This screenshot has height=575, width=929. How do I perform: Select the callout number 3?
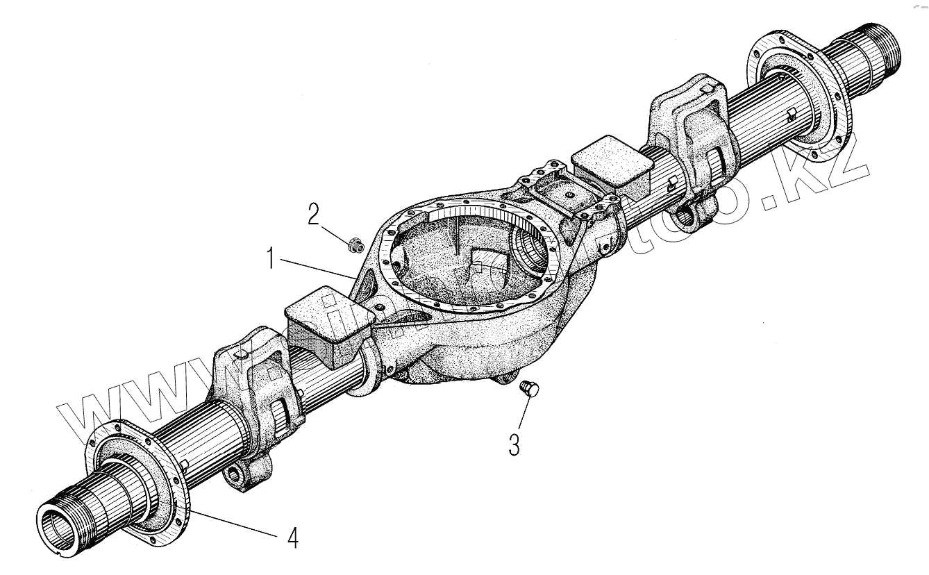pyautogui.click(x=514, y=444)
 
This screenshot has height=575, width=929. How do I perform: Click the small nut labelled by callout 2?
pyautogui.click(x=354, y=244)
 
